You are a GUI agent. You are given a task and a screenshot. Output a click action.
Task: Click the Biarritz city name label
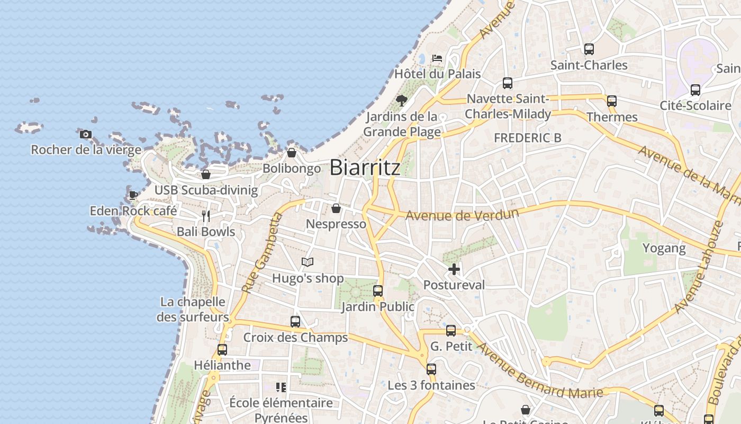pos(365,167)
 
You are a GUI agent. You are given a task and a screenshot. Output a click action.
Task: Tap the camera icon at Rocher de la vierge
pos(86,135)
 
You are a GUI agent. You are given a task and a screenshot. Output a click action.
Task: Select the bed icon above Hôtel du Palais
pos(437,58)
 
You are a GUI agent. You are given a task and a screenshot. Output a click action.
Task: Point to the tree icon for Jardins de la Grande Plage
pos(402,100)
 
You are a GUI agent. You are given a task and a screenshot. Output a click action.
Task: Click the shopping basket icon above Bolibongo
pos(291,153)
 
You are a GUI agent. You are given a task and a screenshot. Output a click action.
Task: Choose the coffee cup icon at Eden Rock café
pos(133,195)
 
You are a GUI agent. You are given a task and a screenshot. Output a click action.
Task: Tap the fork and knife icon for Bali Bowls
pos(206,216)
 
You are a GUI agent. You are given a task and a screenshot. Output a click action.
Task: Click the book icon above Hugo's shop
pos(308,262)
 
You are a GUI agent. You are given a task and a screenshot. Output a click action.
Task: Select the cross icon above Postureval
pos(454,270)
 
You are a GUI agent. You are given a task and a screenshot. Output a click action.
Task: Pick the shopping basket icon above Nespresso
pos(336,208)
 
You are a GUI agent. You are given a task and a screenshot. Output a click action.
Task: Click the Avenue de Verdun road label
pos(462,215)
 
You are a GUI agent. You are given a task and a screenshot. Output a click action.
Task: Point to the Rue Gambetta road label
pos(263,253)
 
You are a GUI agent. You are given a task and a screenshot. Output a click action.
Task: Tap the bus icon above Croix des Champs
pos(295,322)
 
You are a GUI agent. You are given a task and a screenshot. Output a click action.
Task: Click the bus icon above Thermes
pos(612,101)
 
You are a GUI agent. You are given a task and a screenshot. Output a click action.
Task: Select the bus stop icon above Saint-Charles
pos(589,49)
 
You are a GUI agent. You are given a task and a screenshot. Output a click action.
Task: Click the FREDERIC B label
pos(527,138)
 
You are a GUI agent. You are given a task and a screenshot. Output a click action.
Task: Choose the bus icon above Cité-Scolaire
pos(695,90)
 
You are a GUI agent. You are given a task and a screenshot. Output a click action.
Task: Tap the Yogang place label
pos(664,248)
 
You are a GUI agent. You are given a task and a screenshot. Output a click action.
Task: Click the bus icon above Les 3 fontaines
pos(431,369)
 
